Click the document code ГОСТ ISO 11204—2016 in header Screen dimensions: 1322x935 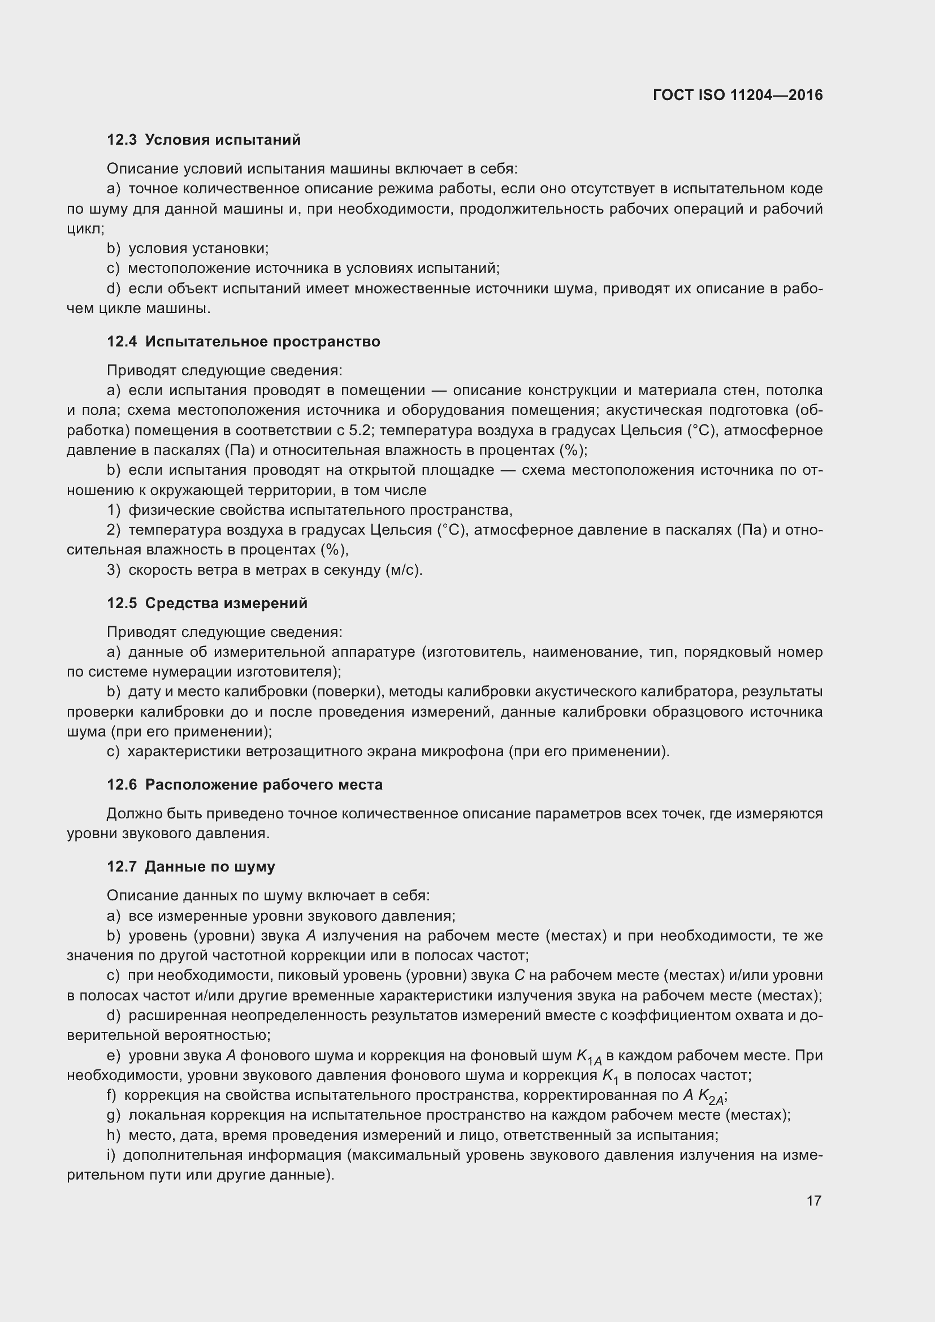pos(738,95)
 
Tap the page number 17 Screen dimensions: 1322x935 pos(813,1200)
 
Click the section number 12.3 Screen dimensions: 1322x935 pos(122,140)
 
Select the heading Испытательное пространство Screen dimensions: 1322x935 pos(262,341)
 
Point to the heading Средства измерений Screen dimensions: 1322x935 pos(226,603)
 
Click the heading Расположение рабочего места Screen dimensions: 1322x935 pos(263,785)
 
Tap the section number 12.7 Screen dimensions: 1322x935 pos(122,866)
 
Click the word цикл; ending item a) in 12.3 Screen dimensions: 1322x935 pos(85,228)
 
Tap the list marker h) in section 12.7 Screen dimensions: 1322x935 pos(114,1135)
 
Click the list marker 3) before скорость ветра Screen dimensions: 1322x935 pos(114,570)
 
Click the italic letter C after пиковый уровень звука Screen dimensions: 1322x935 pos(518,976)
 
